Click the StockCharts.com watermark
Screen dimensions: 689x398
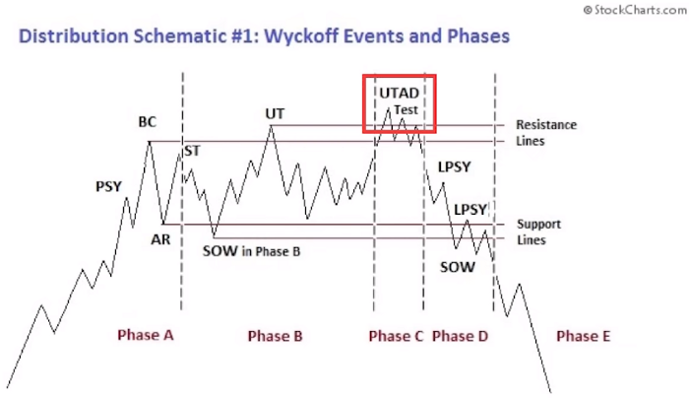[635, 10]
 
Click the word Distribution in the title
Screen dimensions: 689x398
[73, 36]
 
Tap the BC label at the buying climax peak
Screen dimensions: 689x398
[148, 122]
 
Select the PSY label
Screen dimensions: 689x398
[108, 186]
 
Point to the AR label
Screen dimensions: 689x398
[160, 239]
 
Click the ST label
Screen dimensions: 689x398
[193, 151]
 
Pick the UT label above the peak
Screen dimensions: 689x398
[275, 114]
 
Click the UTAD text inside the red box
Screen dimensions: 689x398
[399, 94]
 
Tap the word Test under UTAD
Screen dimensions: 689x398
[406, 110]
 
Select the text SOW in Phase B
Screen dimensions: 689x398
[251, 251]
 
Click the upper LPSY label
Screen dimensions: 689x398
[455, 167]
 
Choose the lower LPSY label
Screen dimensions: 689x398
[470, 209]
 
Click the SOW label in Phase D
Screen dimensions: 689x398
[458, 267]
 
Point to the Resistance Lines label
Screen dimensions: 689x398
[546, 133]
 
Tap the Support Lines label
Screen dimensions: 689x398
[538, 232]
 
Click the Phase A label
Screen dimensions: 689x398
[146, 335]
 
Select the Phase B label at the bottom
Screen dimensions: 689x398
[275, 336]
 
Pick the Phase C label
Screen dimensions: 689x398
[396, 336]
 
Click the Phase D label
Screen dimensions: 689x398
[460, 336]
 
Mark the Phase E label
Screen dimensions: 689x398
[583, 336]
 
